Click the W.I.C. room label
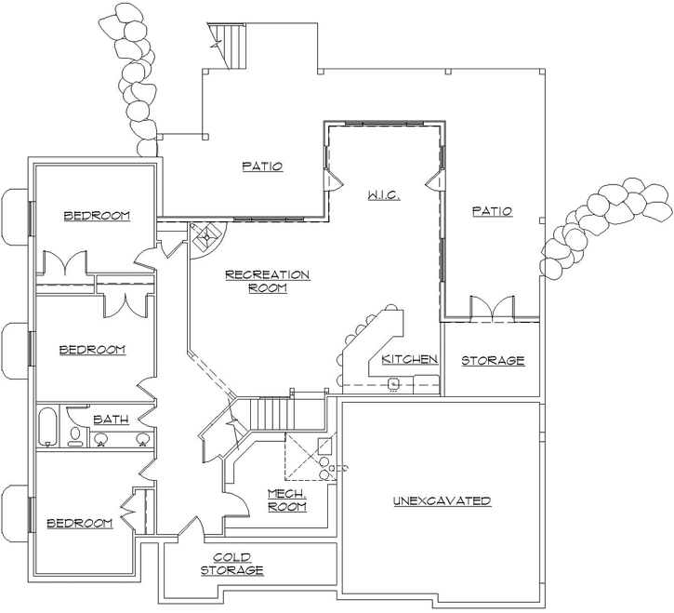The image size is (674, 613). point(383,194)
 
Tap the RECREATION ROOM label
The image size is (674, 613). point(267,281)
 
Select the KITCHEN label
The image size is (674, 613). point(409,359)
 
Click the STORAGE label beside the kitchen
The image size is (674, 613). point(493,360)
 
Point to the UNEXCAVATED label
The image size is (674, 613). point(441,500)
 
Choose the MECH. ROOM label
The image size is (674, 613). point(287,500)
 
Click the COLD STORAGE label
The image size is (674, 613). point(232,563)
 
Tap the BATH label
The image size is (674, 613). point(110,420)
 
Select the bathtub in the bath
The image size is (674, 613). point(49,429)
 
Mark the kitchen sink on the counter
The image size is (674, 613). point(394,381)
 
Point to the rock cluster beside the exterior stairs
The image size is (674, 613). point(136,79)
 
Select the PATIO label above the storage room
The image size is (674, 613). point(492,211)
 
